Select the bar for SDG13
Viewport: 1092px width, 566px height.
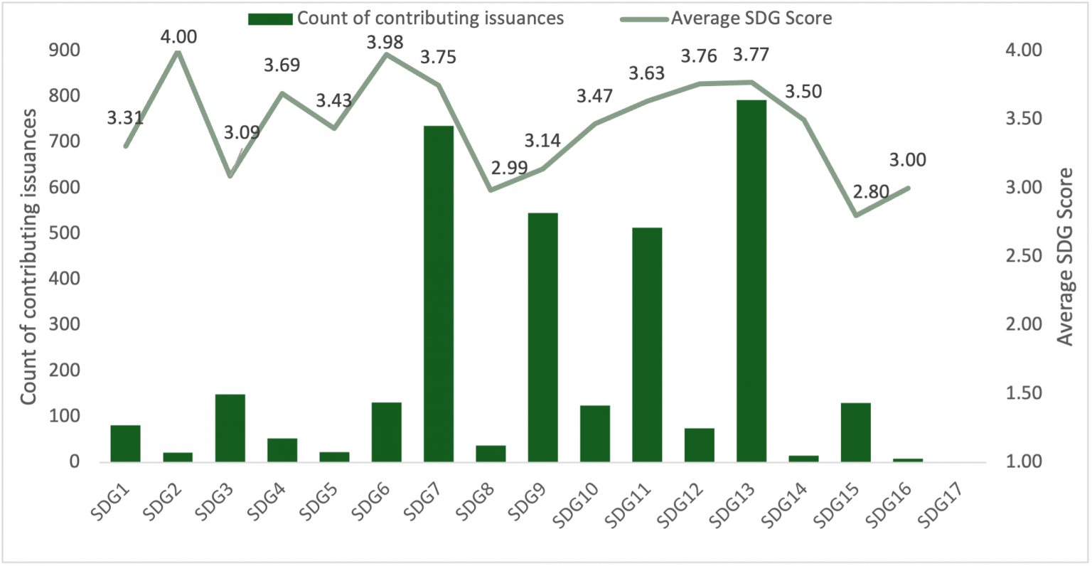click(751, 281)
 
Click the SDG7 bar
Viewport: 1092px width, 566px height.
click(439, 294)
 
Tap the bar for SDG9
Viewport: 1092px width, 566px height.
click(543, 337)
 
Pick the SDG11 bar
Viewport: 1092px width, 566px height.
click(647, 345)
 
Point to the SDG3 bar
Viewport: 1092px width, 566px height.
click(230, 428)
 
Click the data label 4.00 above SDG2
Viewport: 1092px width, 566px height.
click(178, 37)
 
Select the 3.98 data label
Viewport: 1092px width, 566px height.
click(385, 43)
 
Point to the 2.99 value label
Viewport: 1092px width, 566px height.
click(509, 168)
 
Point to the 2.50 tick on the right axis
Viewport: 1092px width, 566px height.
click(1022, 256)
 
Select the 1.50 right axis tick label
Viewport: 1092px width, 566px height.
click(1022, 393)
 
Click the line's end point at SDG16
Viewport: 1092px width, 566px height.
click(908, 188)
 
